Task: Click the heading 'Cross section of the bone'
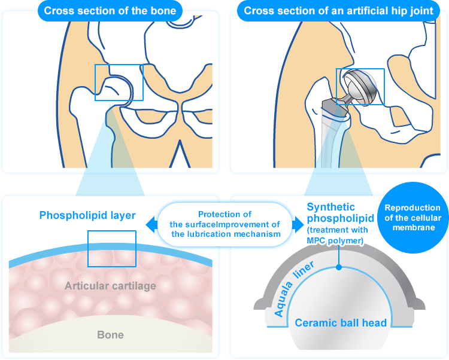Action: tap(110, 11)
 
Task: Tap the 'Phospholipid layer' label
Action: tap(87, 215)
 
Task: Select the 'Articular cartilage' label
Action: tap(110, 286)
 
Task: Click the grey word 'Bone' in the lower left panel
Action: tap(110, 335)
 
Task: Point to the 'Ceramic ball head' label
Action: tap(341, 323)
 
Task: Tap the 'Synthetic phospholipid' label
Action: tap(340, 213)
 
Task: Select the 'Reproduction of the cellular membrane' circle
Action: tap(412, 218)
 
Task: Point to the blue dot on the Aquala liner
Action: tap(339, 267)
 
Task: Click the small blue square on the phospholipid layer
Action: tap(111, 249)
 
